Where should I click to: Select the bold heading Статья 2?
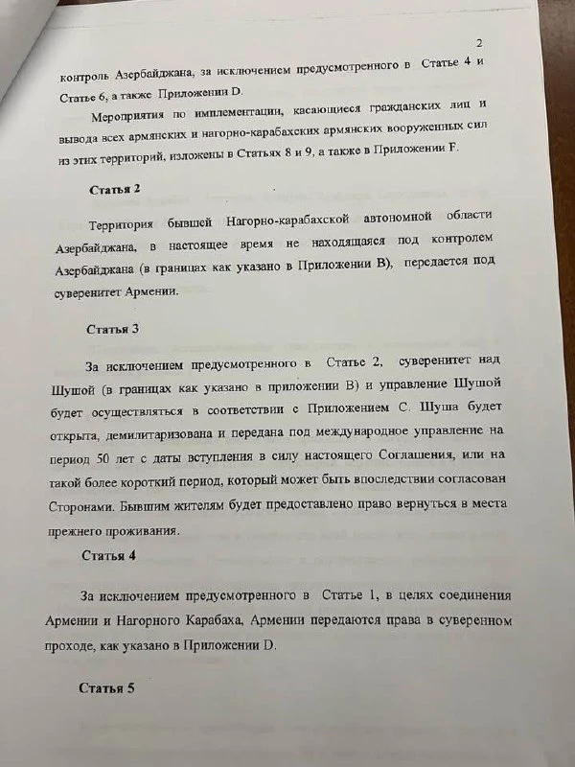click(115, 190)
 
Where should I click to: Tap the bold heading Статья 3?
click(113, 330)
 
